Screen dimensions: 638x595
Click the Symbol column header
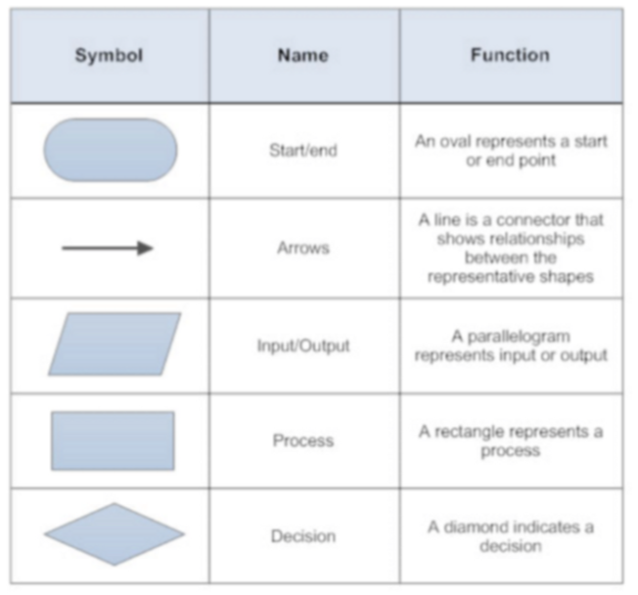[109, 56]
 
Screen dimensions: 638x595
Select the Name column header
[303, 56]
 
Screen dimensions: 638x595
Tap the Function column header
[510, 55]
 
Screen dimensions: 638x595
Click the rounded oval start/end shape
[111, 150]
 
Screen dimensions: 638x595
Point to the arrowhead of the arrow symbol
[145, 249]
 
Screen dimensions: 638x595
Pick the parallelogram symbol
[114, 343]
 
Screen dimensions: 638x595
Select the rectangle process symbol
[113, 440]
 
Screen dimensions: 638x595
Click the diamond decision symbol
[114, 534]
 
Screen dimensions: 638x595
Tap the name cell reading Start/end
[303, 151]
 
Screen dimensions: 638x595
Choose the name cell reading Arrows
[303, 248]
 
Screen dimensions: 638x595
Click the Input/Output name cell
[303, 345]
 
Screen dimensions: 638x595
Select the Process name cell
[303, 440]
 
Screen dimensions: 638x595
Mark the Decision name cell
[303, 536]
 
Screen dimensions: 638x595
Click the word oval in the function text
[454, 141]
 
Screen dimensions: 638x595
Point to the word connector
[533, 220]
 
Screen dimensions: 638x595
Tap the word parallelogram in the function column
[519, 338]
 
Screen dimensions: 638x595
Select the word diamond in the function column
[472, 527]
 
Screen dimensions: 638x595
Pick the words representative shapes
[511, 277]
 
